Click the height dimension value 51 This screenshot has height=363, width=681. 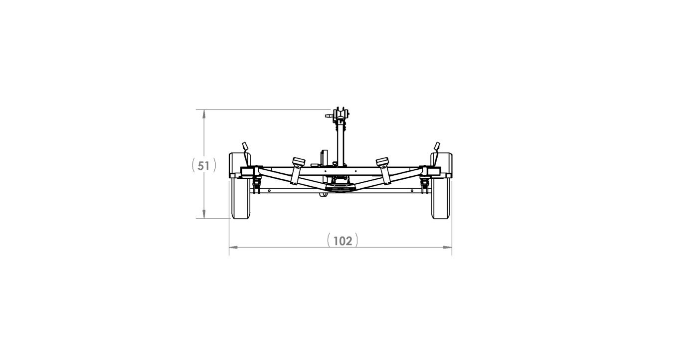pyautogui.click(x=203, y=165)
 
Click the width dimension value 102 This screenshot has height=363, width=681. pyautogui.click(x=342, y=241)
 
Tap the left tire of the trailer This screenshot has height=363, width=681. pyautogui.click(x=241, y=199)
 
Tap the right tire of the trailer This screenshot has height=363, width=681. pyautogui.click(x=441, y=199)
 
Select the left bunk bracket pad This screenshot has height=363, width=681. pyautogui.click(x=299, y=162)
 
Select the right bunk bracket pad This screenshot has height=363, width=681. pyautogui.click(x=382, y=162)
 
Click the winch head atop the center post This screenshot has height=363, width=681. pyautogui.click(x=341, y=113)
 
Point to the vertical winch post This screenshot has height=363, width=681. pyautogui.click(x=341, y=144)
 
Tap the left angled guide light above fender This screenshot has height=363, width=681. pyautogui.click(x=245, y=146)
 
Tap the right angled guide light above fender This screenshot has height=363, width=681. pyautogui.click(x=437, y=146)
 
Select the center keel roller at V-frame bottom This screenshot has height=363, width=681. pyautogui.click(x=341, y=187)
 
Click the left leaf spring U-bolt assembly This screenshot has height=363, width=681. pyautogui.click(x=257, y=185)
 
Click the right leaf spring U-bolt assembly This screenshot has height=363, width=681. pyautogui.click(x=424, y=185)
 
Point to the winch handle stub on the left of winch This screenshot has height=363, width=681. pyautogui.click(x=329, y=115)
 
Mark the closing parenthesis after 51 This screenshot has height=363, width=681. pyautogui.click(x=214, y=165)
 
